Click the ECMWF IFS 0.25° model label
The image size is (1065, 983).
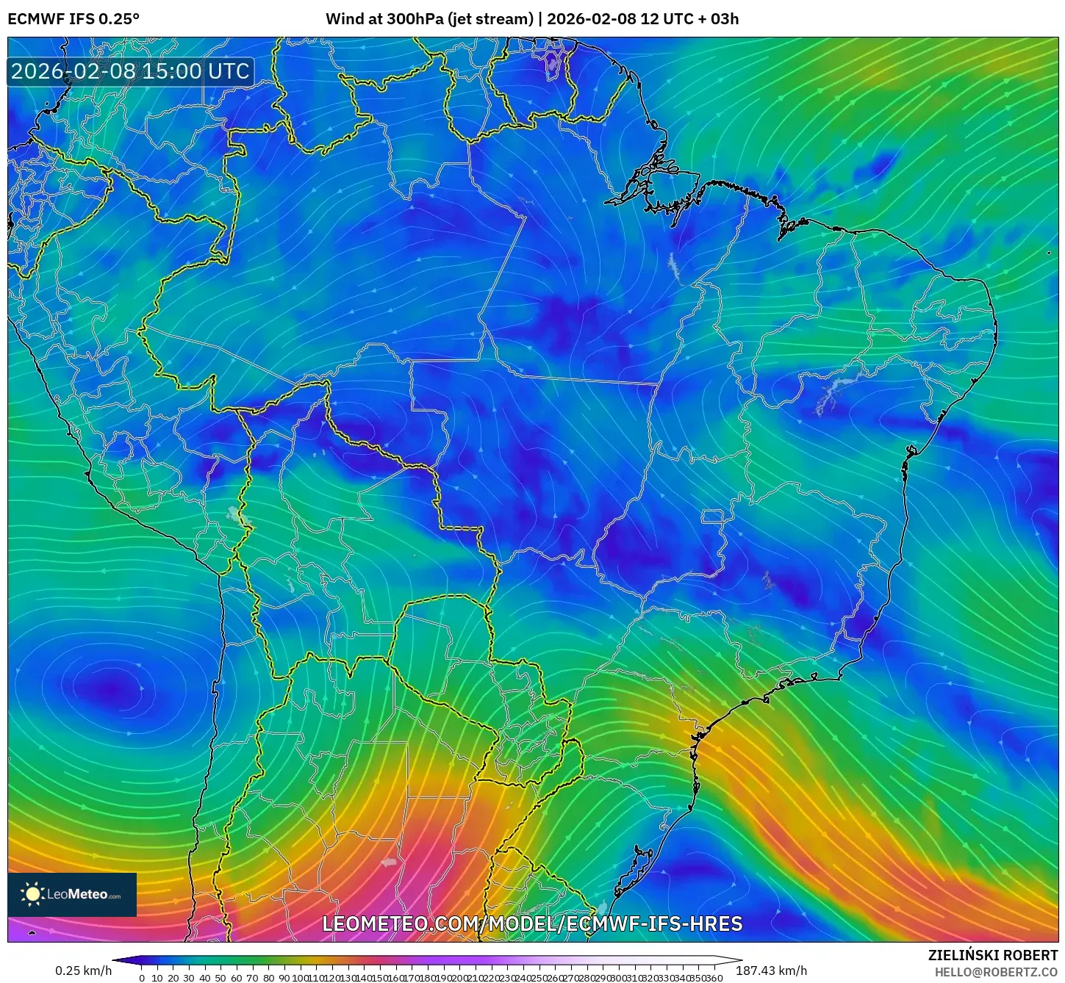73,19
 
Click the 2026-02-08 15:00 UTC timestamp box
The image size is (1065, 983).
131,71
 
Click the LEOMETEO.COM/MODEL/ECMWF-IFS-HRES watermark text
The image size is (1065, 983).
532,923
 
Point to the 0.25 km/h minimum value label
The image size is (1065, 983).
83,971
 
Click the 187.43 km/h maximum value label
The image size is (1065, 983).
771,971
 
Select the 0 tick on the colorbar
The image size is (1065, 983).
142,978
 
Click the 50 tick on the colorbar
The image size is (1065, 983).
220,978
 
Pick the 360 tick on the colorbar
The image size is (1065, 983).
714,978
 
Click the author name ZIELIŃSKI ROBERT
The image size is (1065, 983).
993,955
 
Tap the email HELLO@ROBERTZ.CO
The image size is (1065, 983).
996,972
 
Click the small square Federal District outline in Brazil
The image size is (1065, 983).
711,516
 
